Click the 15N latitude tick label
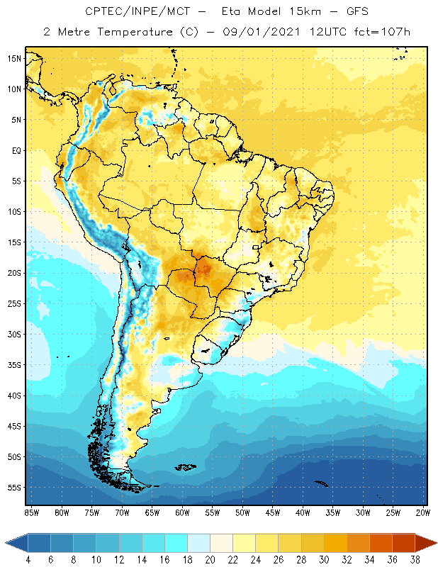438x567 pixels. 13,58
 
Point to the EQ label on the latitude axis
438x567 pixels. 15,150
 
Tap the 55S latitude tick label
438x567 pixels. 13,488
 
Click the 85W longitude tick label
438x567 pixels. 31,512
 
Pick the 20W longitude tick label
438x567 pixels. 422,512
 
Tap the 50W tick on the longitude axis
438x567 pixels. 242,512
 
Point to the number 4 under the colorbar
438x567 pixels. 28,560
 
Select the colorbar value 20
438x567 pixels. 209,560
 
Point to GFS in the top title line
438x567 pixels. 356,12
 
